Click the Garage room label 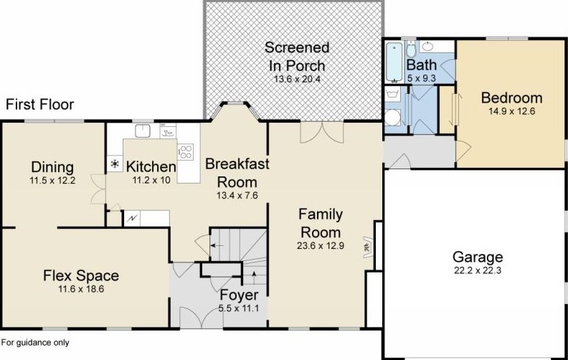pyautogui.click(x=478, y=257)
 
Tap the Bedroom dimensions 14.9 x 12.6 pyautogui.click(x=511, y=111)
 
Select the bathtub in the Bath pyautogui.click(x=394, y=62)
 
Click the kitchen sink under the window pyautogui.click(x=143, y=131)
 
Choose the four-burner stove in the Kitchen pyautogui.click(x=186, y=152)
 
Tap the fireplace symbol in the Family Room pyautogui.click(x=368, y=247)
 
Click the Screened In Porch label pyautogui.click(x=297, y=57)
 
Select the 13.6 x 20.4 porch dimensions pyautogui.click(x=297, y=79)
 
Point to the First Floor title pyautogui.click(x=40, y=105)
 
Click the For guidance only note pyautogui.click(x=35, y=343)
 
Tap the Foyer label pyautogui.click(x=239, y=295)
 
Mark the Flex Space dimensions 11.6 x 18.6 pyautogui.click(x=81, y=289)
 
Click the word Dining pyautogui.click(x=52, y=167)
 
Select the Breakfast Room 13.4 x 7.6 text pyautogui.click(x=237, y=196)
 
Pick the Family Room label pyautogui.click(x=321, y=223)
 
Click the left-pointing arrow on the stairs pyautogui.click(x=217, y=245)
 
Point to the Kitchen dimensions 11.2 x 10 pyautogui.click(x=151, y=180)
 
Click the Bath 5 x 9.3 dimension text pyautogui.click(x=421, y=78)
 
